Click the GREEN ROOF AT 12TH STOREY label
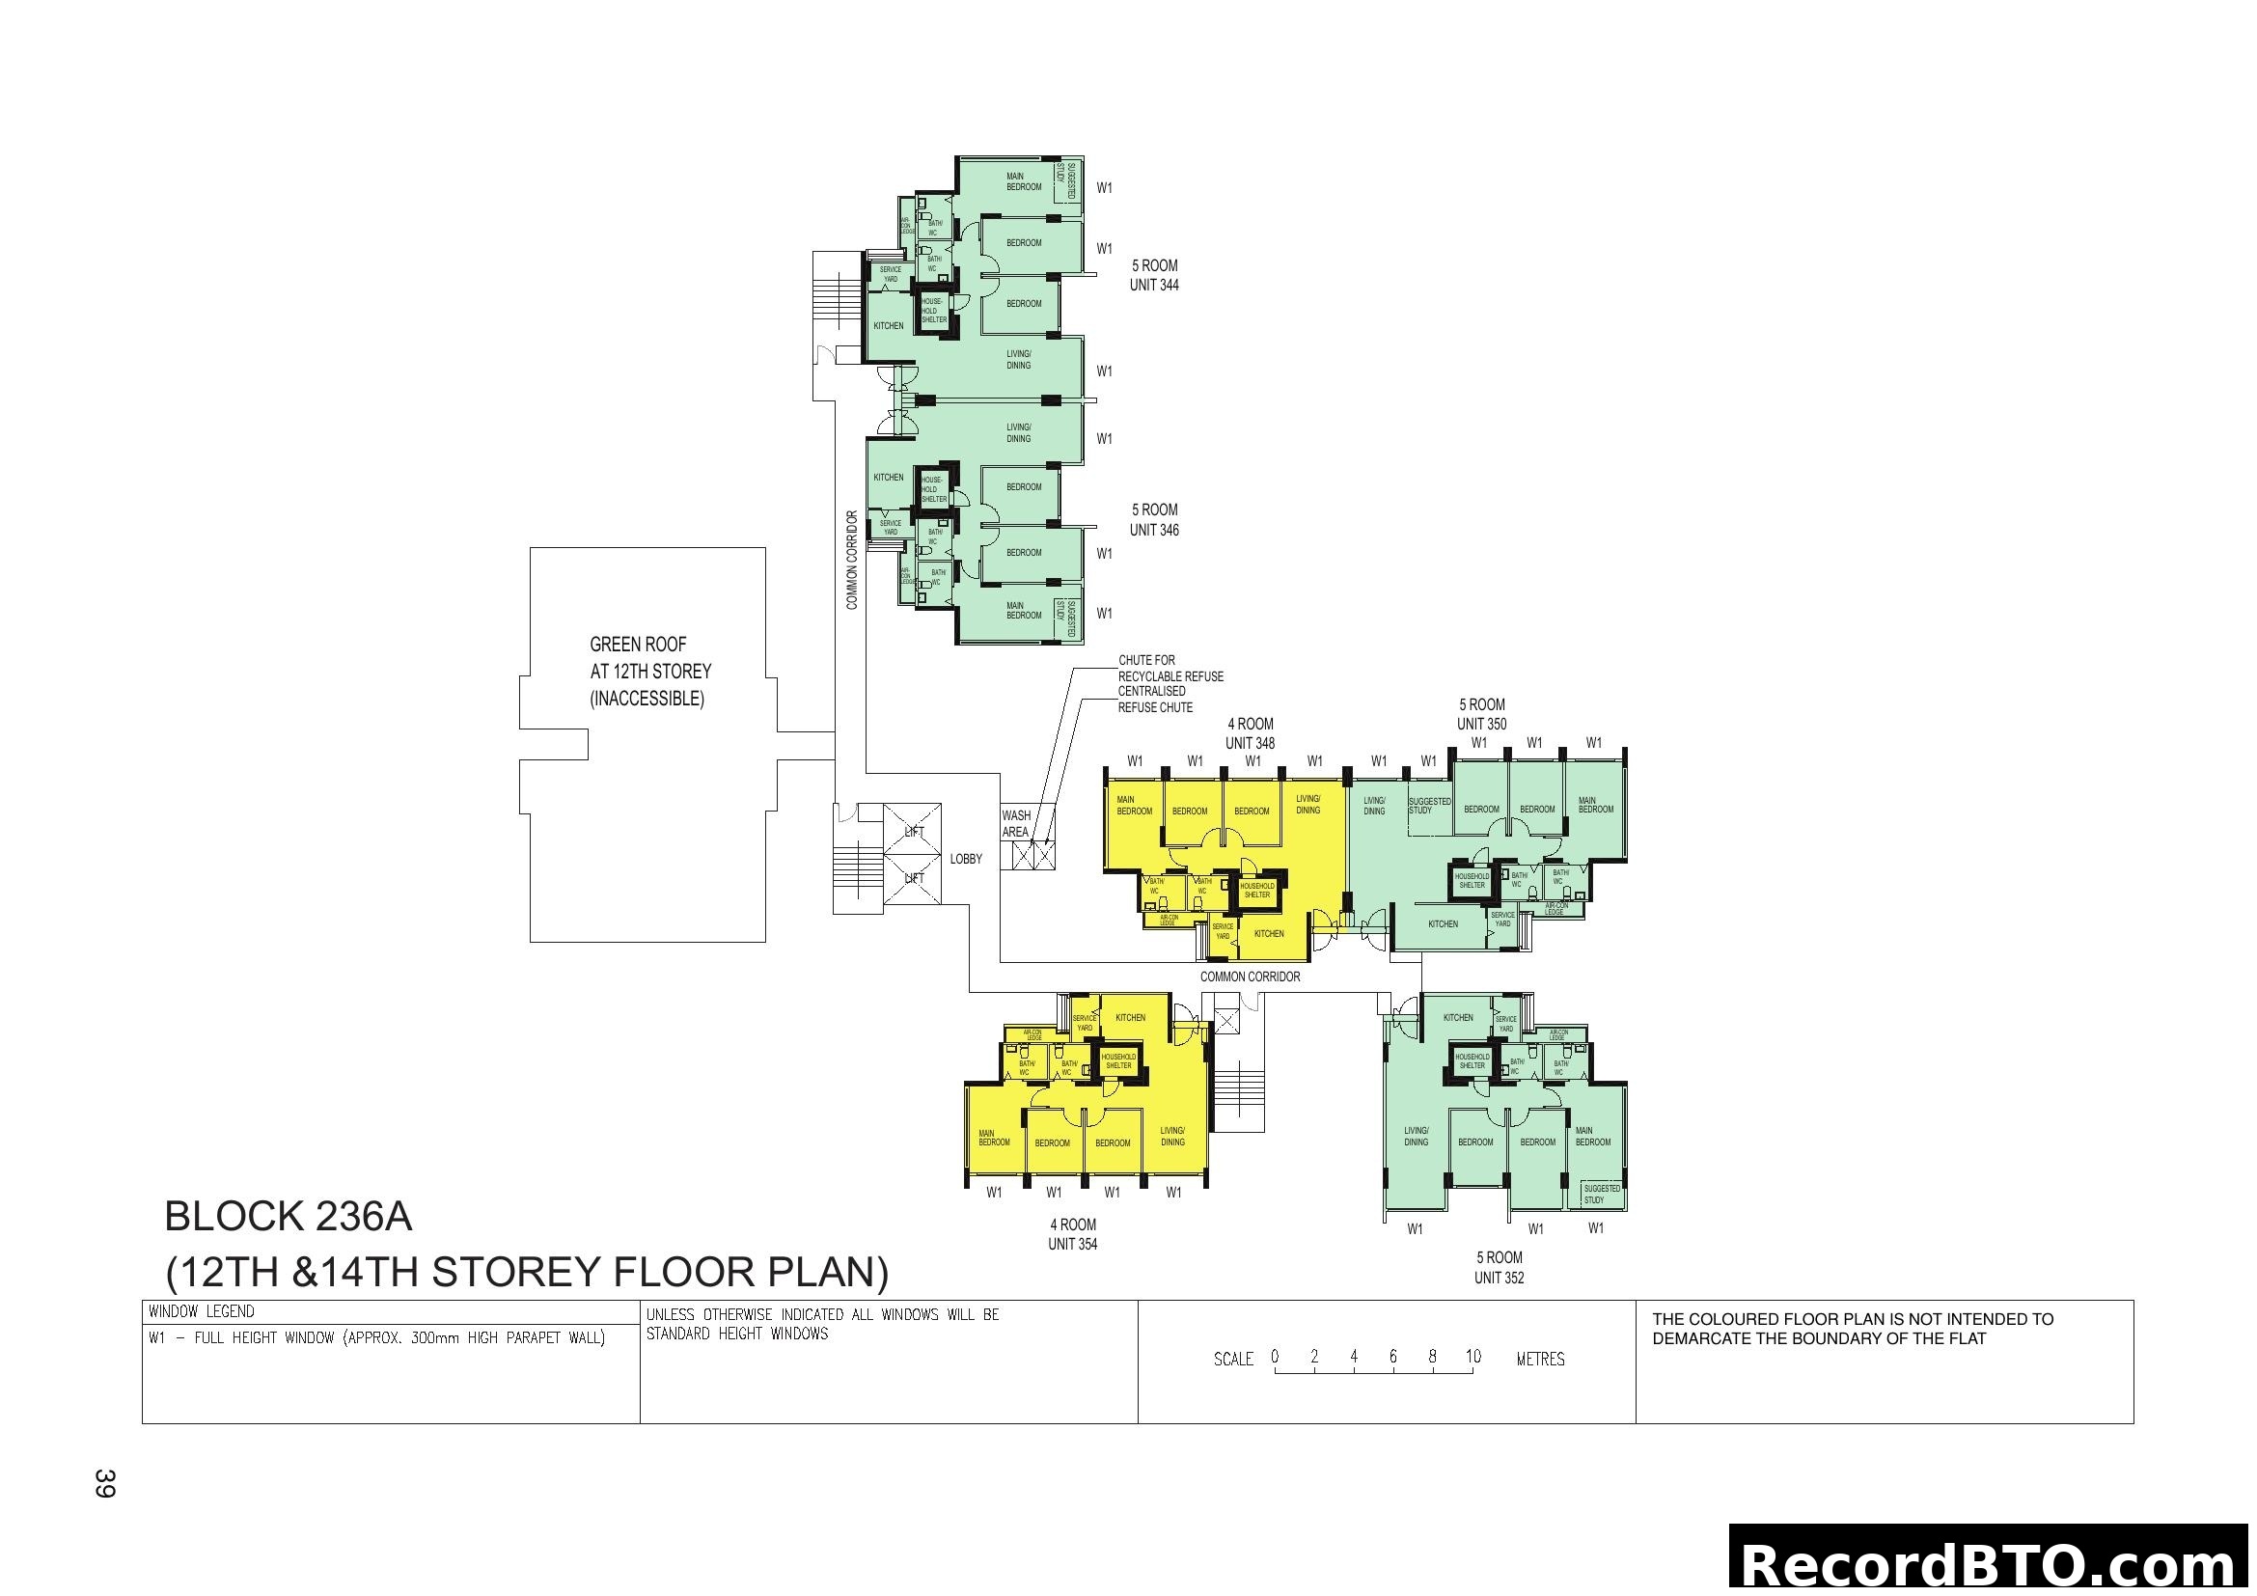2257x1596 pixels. pyautogui.click(x=649, y=672)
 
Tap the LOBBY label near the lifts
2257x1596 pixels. pyautogui.click(x=965, y=859)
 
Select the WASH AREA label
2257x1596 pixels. pyautogui.click(x=1016, y=823)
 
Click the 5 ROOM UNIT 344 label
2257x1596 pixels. pyautogui.click(x=1154, y=275)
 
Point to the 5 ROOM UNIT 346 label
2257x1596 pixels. pyautogui.click(x=1154, y=520)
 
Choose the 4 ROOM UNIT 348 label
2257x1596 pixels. pyautogui.click(x=1250, y=734)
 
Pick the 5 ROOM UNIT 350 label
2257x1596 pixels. pyautogui.click(x=1481, y=714)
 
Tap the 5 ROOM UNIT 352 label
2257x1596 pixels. pyautogui.click(x=1500, y=1268)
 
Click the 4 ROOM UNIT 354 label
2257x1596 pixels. pyautogui.click(x=1072, y=1234)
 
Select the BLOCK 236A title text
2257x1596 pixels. pyautogui.click(x=288, y=1217)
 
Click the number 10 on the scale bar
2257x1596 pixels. pyautogui.click(x=1473, y=1356)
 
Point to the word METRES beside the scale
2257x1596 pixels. pyautogui.click(x=1540, y=1360)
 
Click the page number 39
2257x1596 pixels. pyautogui.click(x=104, y=1483)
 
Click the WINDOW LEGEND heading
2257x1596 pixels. pyautogui.click(x=202, y=1312)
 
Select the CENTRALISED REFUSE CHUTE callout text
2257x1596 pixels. pyautogui.click(x=1155, y=699)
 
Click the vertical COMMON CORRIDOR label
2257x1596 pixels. pyautogui.click(x=852, y=560)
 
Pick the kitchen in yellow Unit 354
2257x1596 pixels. pyautogui.click(x=1131, y=1018)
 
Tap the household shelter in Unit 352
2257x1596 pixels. pyautogui.click(x=1472, y=1061)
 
